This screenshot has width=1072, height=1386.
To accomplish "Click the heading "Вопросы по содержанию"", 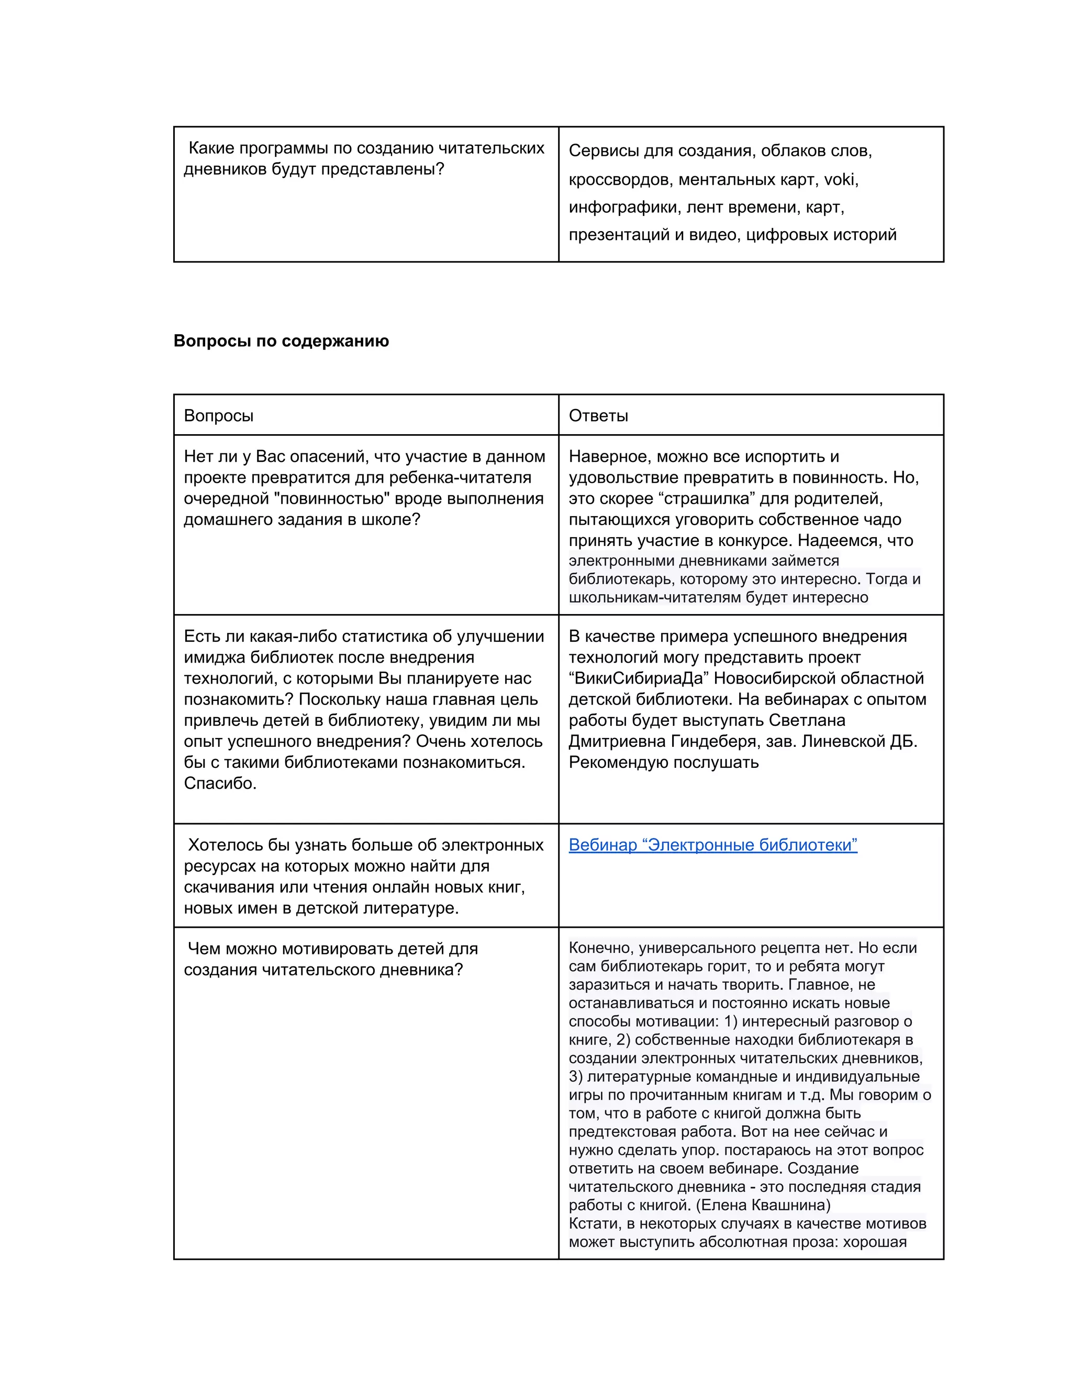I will point(281,341).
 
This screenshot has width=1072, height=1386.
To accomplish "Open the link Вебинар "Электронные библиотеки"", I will point(712,845).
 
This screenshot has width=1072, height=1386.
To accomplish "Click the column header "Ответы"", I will point(598,416).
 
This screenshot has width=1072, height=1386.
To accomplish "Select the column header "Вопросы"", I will point(218,416).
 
